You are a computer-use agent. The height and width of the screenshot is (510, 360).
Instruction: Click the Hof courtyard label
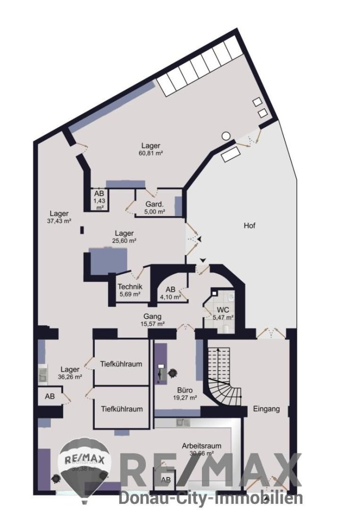(250, 225)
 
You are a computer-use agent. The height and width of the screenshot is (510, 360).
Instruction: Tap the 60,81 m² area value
(150, 153)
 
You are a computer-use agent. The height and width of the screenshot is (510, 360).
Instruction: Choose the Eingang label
(266, 409)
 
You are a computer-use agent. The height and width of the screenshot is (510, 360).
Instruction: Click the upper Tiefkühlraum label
(121, 364)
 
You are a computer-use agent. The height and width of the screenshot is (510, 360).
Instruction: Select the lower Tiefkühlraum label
(121, 409)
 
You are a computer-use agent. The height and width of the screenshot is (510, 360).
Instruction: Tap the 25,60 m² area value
(124, 240)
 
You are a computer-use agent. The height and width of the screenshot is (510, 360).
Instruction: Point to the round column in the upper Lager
(226, 136)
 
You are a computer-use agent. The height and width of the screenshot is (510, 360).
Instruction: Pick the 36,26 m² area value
(70, 377)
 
